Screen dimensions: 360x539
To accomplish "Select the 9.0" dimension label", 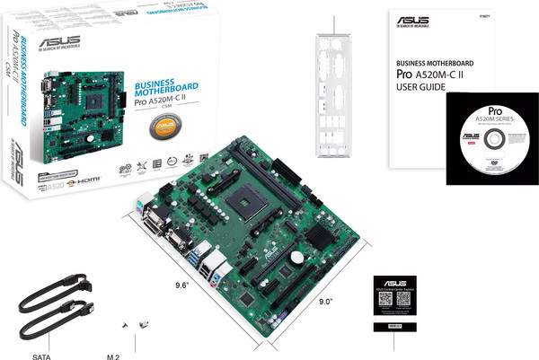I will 327,301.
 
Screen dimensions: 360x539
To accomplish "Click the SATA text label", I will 40,356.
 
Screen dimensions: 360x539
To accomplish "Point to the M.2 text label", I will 114,356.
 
